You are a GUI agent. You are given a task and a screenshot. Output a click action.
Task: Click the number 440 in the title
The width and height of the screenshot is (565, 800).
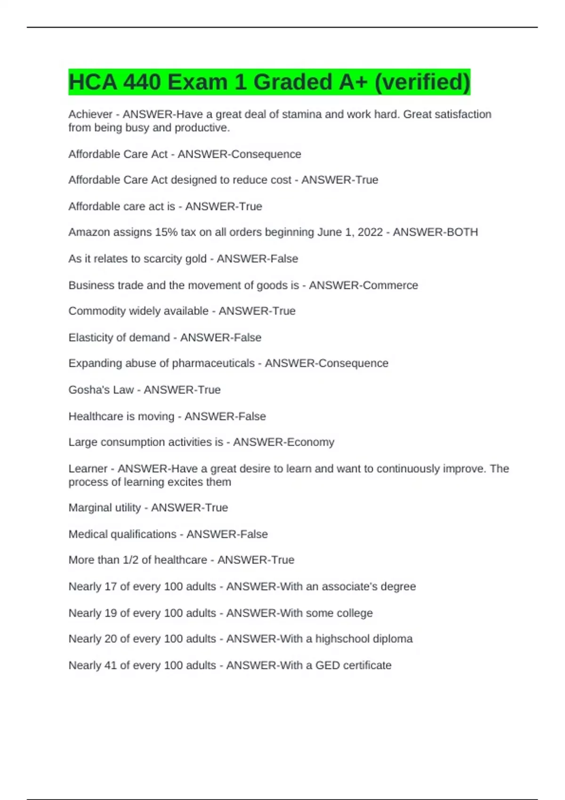[x=141, y=82]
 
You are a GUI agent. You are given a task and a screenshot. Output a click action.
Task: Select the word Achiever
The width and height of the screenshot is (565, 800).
[x=90, y=114]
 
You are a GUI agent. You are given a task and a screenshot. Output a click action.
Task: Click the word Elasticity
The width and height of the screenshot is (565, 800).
[x=91, y=337]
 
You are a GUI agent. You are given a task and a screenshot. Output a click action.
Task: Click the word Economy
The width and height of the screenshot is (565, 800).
[x=311, y=442]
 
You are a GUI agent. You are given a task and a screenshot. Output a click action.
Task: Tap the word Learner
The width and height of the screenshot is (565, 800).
[x=88, y=469]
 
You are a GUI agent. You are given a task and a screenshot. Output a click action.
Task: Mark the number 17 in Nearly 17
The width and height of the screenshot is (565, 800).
[x=111, y=587]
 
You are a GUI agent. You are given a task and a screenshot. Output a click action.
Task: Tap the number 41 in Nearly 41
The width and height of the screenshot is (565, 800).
[x=111, y=665]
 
